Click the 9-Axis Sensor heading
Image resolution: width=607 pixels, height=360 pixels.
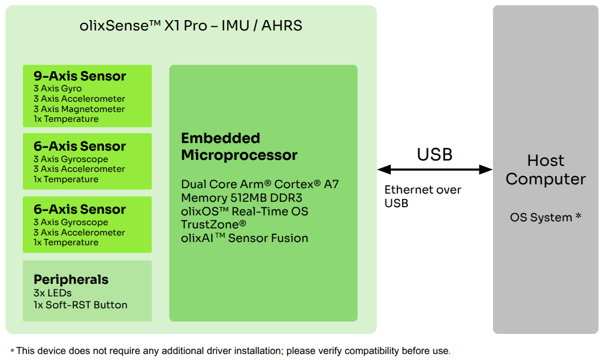[80, 76]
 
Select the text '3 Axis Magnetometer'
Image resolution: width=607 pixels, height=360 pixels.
[79, 109]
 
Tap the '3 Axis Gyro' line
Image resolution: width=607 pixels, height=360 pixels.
[58, 89]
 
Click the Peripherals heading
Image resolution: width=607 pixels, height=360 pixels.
[71, 280]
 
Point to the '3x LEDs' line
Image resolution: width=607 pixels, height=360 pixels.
[53, 293]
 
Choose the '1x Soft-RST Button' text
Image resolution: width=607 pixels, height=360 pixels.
[80, 305]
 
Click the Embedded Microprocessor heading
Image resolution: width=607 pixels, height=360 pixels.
[239, 147]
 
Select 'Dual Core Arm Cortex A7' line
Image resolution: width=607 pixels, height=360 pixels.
[260, 184]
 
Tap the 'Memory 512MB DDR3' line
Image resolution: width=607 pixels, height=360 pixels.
[241, 198]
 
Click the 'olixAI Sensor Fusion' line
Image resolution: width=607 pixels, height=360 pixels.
[245, 238]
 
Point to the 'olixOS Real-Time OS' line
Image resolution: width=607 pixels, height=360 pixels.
[245, 211]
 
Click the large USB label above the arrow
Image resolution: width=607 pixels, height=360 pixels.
[435, 155]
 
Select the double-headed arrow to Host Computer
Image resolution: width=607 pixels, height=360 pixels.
[435, 170]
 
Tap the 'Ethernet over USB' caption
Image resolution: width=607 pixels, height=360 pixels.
[423, 196]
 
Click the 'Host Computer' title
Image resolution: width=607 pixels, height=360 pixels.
[546, 170]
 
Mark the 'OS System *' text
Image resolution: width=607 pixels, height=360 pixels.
[546, 218]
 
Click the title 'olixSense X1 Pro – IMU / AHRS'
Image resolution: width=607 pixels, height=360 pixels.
[191, 26]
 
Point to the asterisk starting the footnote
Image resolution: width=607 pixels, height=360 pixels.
[12, 351]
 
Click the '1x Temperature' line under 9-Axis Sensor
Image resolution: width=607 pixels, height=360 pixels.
[66, 119]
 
